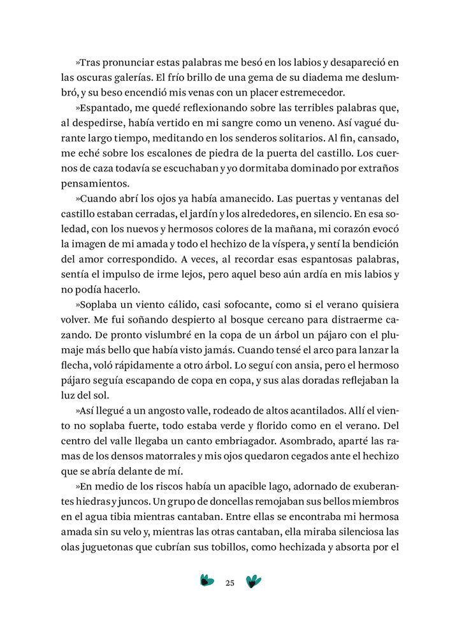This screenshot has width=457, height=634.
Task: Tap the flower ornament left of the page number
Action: click(x=207, y=581)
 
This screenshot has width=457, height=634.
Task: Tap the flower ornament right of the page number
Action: click(x=254, y=581)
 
